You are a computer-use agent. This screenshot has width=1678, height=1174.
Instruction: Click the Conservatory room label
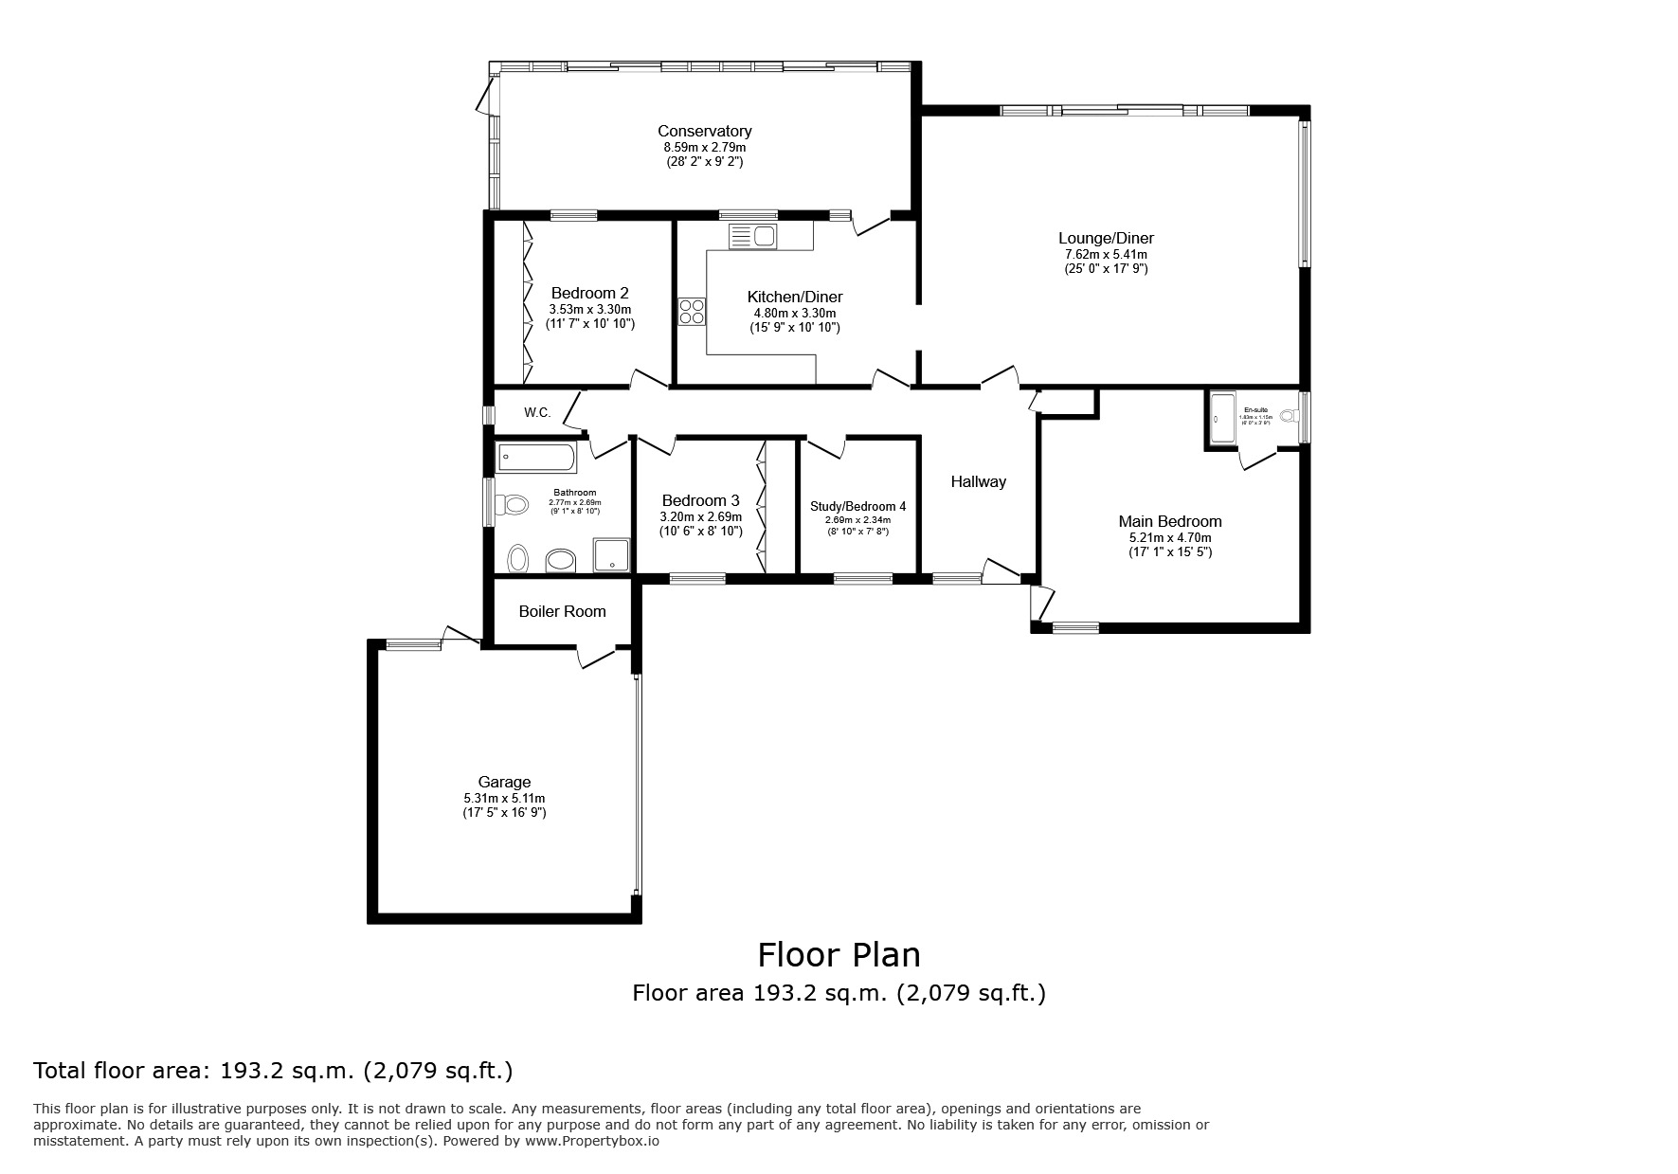pyautogui.click(x=704, y=132)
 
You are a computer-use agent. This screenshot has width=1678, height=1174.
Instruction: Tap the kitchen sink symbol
pyautogui.click(x=752, y=236)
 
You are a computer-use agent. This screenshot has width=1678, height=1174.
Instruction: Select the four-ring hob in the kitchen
pyautogui.click(x=692, y=312)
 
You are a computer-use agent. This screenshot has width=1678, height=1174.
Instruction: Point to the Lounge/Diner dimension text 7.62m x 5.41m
pyautogui.click(x=1106, y=254)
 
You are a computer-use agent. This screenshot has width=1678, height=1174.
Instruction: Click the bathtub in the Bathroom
pyautogui.click(x=536, y=459)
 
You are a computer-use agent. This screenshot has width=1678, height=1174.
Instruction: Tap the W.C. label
pyautogui.click(x=537, y=412)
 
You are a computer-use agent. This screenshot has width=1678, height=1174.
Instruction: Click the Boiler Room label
pyautogui.click(x=562, y=611)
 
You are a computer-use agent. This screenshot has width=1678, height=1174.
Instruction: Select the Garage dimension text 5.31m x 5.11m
pyautogui.click(x=504, y=798)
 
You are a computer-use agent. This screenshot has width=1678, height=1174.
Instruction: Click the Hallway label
pyautogui.click(x=978, y=481)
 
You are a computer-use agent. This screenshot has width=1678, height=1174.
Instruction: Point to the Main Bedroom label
pyautogui.click(x=1170, y=521)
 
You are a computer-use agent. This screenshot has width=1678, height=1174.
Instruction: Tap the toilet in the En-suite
pyautogui.click(x=1289, y=416)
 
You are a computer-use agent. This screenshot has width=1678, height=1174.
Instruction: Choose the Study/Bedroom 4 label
pyautogui.click(x=857, y=506)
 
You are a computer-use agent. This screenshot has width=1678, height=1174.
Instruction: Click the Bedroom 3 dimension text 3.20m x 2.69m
pyautogui.click(x=700, y=516)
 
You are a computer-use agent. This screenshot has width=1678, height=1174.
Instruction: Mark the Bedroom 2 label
pyautogui.click(x=589, y=294)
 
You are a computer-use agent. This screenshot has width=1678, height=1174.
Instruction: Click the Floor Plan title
pyautogui.click(x=839, y=953)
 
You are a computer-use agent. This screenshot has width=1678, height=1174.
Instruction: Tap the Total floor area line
pyautogui.click(x=273, y=1071)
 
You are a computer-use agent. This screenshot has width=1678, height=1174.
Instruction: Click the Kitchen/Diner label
pyautogui.click(x=794, y=297)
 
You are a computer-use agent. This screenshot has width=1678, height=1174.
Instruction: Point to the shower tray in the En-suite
pyautogui.click(x=1220, y=418)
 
